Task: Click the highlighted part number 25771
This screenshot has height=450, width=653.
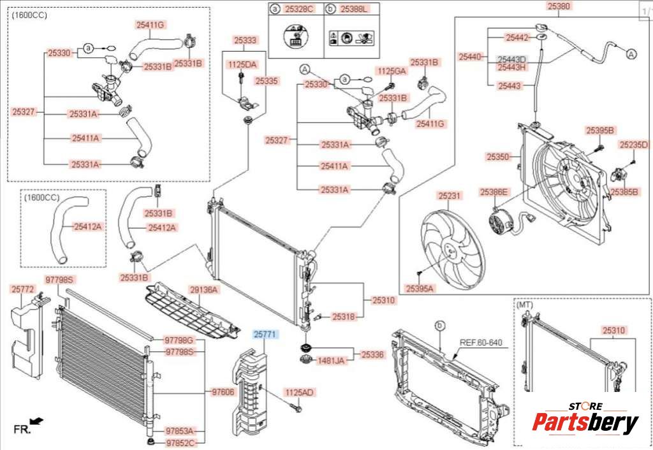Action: point(265,333)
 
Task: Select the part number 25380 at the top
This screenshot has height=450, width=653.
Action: point(559,6)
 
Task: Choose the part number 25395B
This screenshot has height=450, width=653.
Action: point(600,131)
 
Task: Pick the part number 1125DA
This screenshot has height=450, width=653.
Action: point(242,64)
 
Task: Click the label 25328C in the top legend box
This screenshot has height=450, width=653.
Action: point(299,10)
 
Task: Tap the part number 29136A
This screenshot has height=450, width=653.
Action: point(204,290)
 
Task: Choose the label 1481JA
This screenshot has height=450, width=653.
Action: point(331,361)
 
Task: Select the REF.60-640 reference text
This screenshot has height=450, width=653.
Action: point(481,343)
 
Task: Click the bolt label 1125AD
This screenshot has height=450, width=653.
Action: point(300,392)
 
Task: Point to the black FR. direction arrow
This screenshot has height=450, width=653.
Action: point(37,421)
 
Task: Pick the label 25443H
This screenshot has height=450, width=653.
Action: point(512,67)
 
